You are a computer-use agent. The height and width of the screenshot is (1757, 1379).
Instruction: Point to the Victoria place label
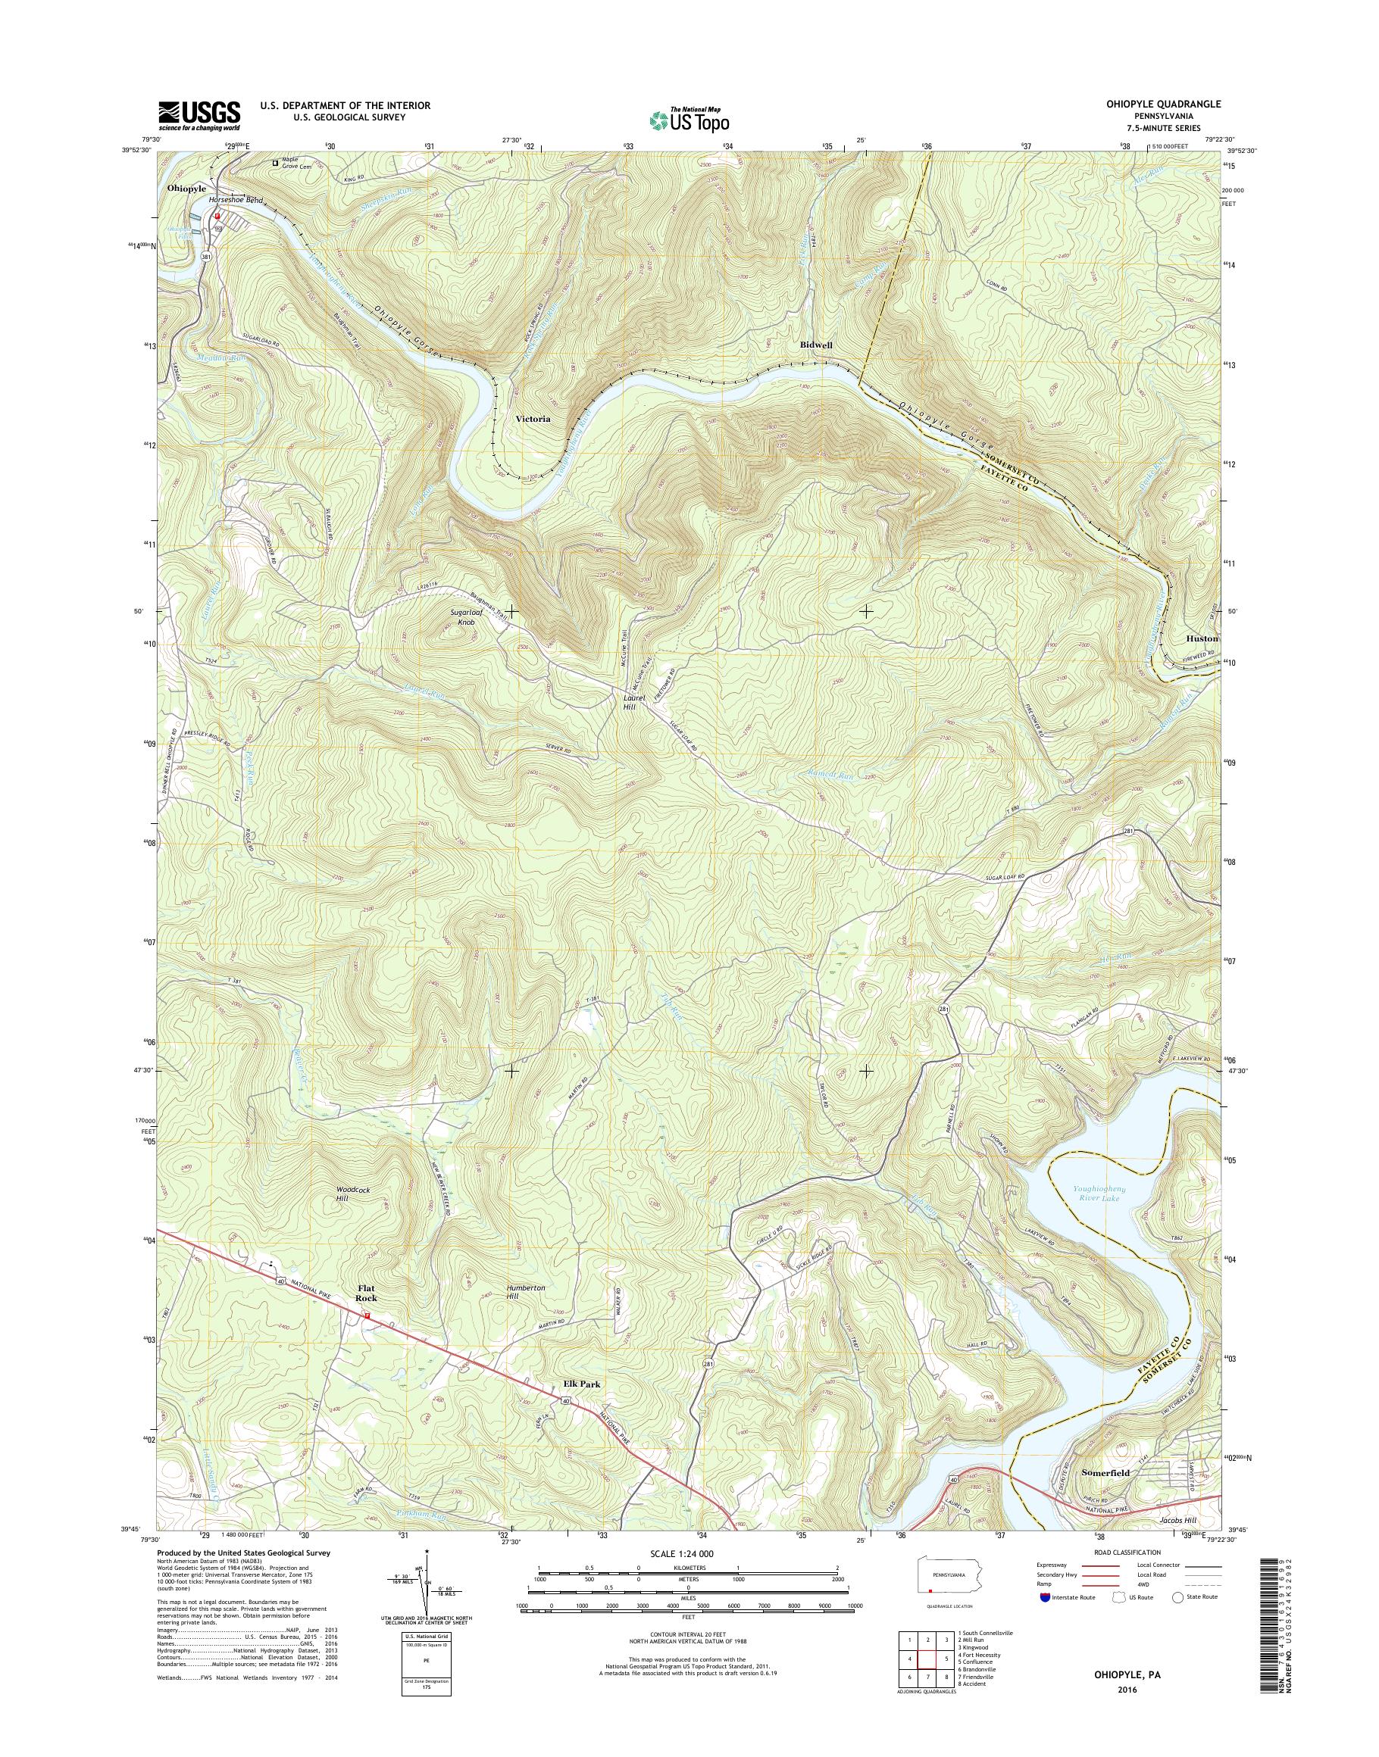533,420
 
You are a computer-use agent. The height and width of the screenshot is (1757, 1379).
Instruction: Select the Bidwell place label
815,345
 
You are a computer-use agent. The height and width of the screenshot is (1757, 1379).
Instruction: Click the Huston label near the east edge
1202,638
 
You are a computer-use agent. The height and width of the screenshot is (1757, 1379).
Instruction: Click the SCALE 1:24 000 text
681,1553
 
